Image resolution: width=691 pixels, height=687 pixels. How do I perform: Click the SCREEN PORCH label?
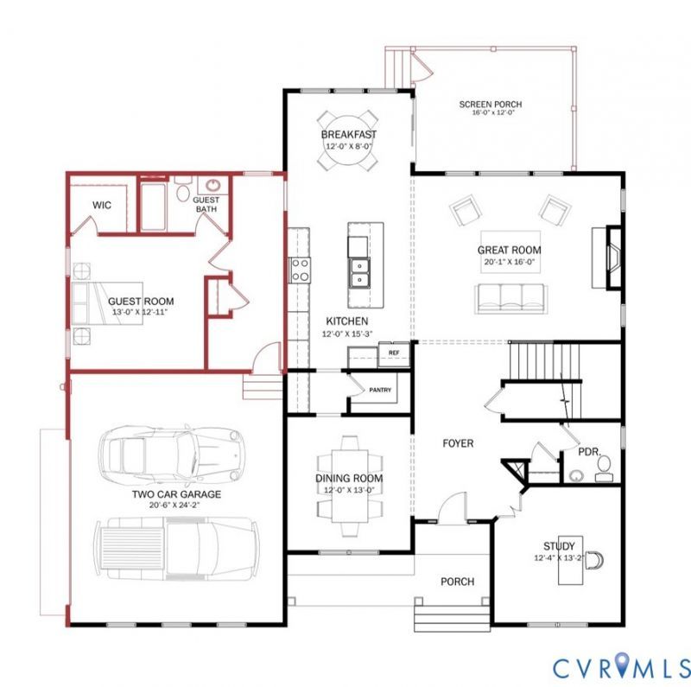click(490, 105)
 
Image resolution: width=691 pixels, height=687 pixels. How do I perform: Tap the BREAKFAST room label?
click(349, 135)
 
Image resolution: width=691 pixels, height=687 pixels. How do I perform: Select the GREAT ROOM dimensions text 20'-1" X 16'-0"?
click(510, 261)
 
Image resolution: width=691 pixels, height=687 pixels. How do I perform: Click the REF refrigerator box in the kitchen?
click(394, 353)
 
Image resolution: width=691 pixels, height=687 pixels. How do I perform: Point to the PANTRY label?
click(380, 390)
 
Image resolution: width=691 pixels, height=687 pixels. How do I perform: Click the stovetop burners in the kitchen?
click(300, 270)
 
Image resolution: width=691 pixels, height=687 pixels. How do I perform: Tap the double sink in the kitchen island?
click(359, 273)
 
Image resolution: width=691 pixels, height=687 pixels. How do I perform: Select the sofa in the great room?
click(511, 299)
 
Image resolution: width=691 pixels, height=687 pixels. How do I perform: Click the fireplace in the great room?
click(612, 258)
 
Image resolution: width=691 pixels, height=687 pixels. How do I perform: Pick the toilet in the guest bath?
click(182, 188)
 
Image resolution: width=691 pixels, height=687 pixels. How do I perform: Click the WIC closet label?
click(102, 205)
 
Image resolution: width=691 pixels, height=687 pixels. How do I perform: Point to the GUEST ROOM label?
click(141, 302)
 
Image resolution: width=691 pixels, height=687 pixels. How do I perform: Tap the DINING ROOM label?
click(349, 478)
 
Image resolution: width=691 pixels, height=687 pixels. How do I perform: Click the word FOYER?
click(458, 443)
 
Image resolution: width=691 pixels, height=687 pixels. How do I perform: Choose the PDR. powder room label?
click(589, 453)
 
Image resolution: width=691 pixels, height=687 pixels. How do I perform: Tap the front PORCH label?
click(458, 582)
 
